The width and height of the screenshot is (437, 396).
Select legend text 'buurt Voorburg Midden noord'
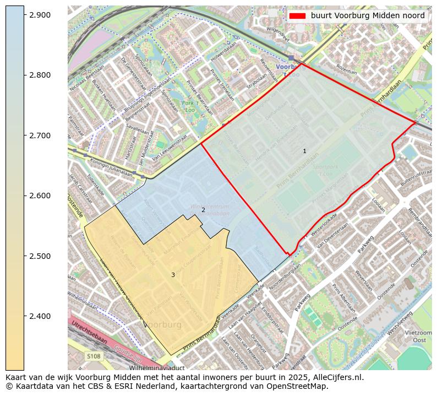pos(368,16)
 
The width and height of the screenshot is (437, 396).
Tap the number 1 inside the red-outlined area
pos(304,151)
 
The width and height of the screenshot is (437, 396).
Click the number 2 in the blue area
pos(203,210)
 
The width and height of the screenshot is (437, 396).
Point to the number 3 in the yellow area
pos(173,275)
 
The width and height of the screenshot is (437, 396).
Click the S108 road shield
pos(94,356)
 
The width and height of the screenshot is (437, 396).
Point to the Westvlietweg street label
pos(400,324)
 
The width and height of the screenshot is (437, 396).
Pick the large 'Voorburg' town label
pos(162,325)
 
